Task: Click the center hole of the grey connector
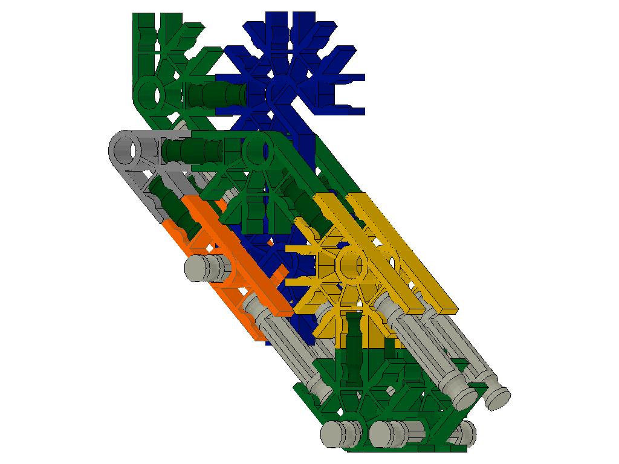coord(126,148)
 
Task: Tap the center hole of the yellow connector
coord(350,265)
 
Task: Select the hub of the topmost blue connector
coord(279,92)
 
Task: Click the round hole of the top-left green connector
coord(148,94)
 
